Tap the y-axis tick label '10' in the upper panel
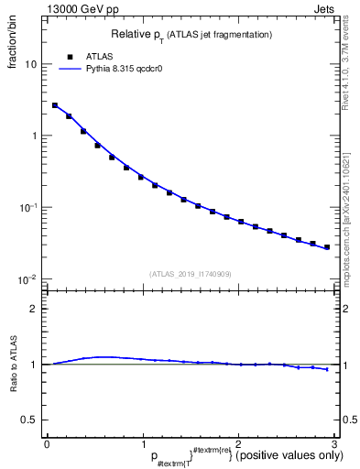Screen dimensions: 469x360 coord(32,65)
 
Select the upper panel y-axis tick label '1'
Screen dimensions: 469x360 coord(35,136)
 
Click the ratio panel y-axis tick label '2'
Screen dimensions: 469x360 coord(35,309)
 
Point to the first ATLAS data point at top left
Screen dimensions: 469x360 coord(55,105)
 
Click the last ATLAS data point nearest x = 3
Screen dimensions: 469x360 coord(327,247)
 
